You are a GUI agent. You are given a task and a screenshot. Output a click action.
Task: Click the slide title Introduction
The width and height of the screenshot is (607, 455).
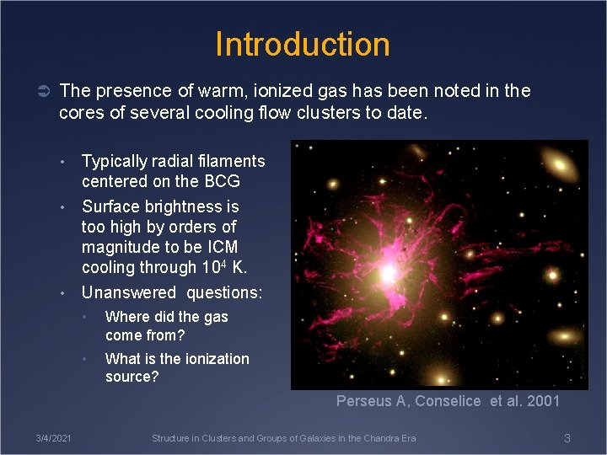tap(303, 44)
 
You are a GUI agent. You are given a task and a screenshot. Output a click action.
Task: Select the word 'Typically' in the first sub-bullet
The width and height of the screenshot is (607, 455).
tap(115, 161)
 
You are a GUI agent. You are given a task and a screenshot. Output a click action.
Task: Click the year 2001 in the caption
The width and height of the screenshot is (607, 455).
tap(543, 401)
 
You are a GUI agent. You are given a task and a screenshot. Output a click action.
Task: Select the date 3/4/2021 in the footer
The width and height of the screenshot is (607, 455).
tap(53, 438)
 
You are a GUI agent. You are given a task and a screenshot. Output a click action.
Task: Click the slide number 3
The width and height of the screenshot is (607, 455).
tap(567, 438)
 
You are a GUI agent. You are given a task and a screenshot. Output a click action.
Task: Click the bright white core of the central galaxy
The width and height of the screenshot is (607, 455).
tap(388, 274)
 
